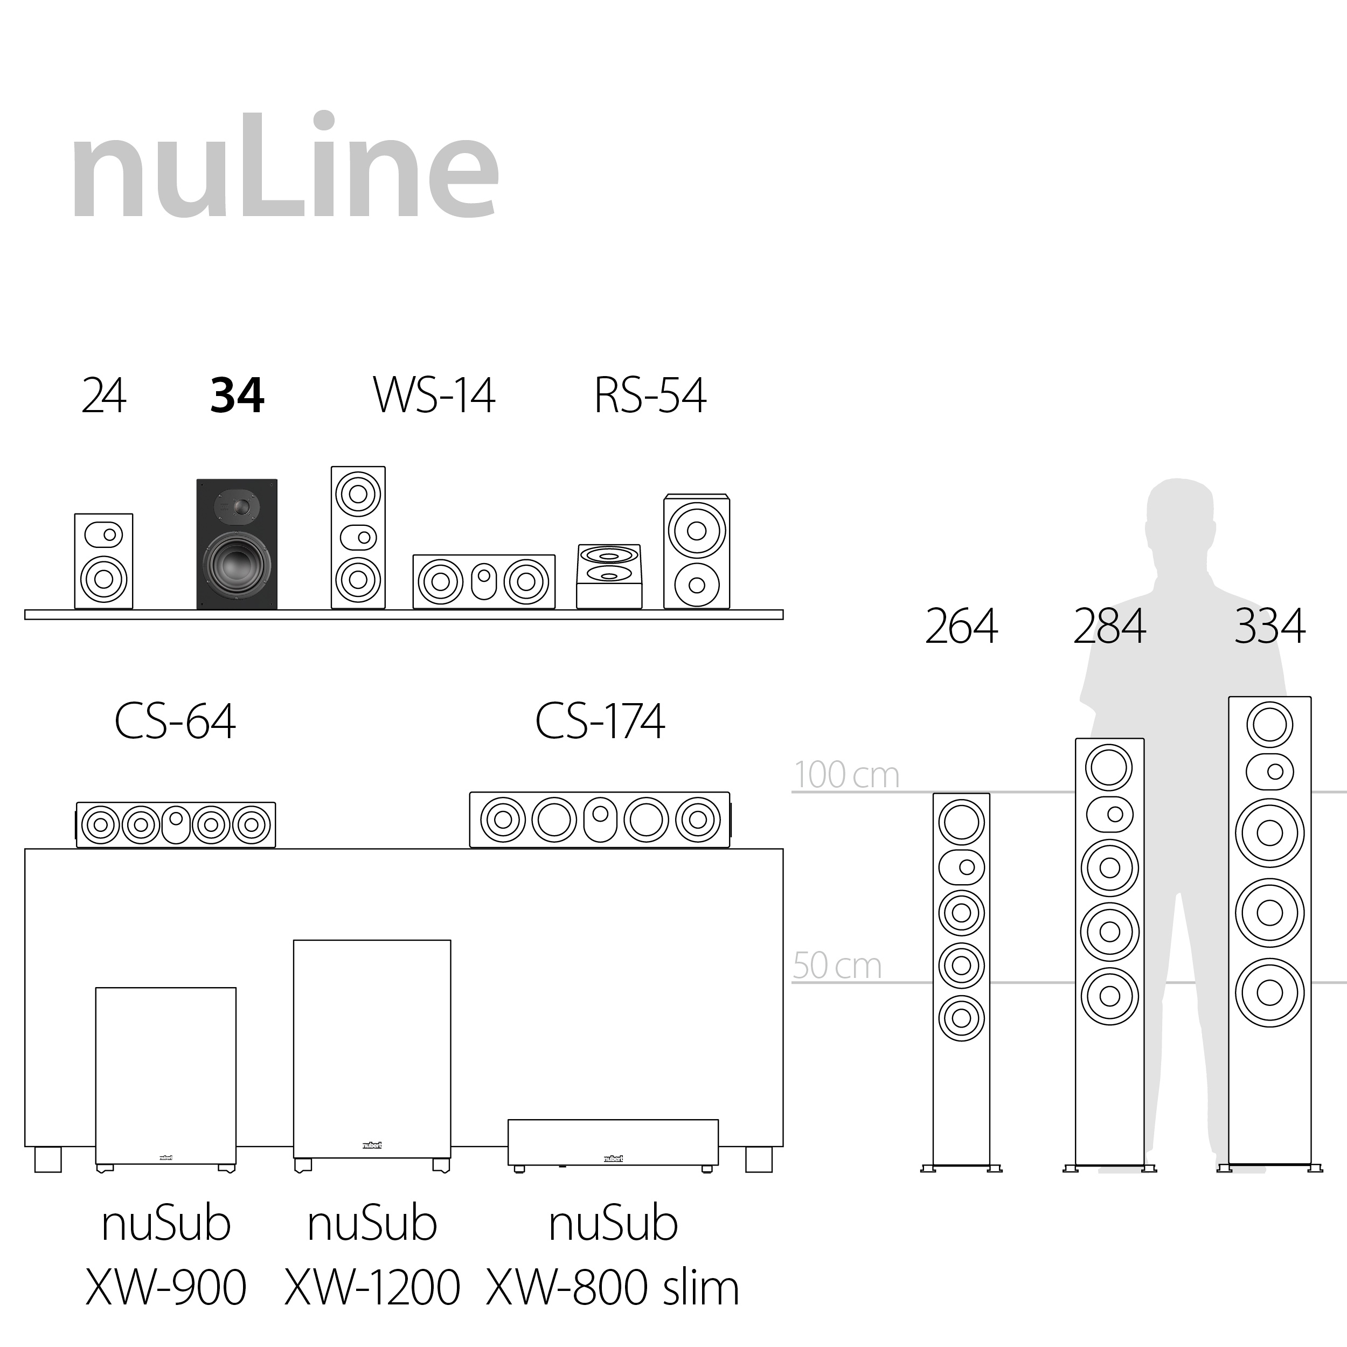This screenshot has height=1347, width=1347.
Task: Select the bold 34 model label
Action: (237, 395)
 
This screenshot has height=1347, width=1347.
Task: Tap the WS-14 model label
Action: (434, 395)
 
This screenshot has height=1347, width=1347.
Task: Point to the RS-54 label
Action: (650, 395)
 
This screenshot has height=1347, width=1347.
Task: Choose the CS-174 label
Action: (600, 721)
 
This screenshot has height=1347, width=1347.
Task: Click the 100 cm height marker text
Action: (846, 775)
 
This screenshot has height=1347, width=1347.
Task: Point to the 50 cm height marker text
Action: (837, 966)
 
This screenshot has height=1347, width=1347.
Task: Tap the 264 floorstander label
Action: (961, 626)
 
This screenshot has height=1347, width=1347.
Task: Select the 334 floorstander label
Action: (1269, 626)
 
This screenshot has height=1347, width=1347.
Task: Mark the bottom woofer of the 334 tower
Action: (1269, 994)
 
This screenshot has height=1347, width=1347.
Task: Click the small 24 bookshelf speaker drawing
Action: (104, 561)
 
